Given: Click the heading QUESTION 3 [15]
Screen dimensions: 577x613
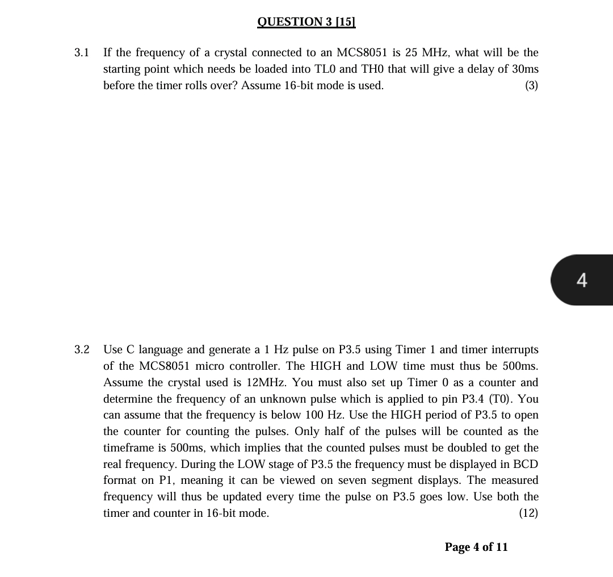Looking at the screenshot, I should pos(306,22).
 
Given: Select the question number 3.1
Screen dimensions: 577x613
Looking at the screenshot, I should pos(82,53).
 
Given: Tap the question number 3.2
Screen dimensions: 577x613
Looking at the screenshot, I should pos(82,349).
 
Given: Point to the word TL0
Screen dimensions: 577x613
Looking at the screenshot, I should pos(348,69).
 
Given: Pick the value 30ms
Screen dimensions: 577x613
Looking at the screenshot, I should pos(525,69).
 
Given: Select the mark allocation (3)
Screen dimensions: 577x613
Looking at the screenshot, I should pos(531,86).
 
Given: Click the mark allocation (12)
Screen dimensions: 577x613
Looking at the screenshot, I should pos(528,513).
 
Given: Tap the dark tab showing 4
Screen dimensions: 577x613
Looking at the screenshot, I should pos(582,280).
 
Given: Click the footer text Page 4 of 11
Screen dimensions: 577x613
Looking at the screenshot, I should pos(476,547).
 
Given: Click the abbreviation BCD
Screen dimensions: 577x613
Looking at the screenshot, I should pos(524,464).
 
